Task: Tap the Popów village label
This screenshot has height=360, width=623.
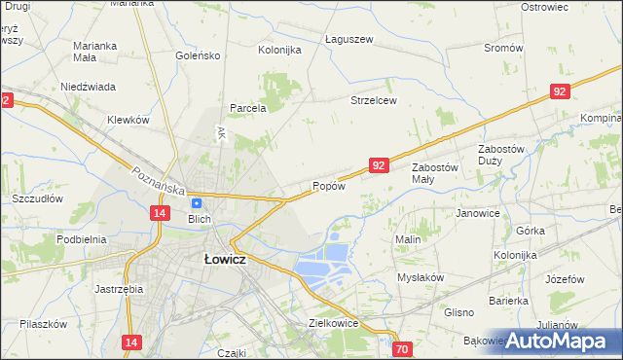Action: click(x=328, y=187)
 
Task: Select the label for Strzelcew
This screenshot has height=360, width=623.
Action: click(x=374, y=100)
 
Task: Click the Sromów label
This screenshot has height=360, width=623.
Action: click(x=503, y=48)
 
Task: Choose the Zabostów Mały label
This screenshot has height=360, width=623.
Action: click(x=434, y=172)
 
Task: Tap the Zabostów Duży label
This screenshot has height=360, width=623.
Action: click(x=502, y=154)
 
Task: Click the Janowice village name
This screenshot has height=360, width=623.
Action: click(x=477, y=213)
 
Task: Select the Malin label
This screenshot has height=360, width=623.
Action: click(x=407, y=239)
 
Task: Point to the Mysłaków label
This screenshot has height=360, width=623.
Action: click(x=421, y=277)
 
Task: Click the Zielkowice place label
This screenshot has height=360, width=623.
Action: click(x=334, y=322)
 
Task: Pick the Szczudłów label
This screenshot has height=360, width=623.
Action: click(x=37, y=198)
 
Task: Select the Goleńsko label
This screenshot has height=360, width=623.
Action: click(x=199, y=55)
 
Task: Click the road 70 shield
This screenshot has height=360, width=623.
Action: click(x=403, y=348)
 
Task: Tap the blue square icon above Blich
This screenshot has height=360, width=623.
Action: click(x=196, y=203)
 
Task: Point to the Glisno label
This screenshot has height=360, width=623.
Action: click(x=458, y=312)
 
